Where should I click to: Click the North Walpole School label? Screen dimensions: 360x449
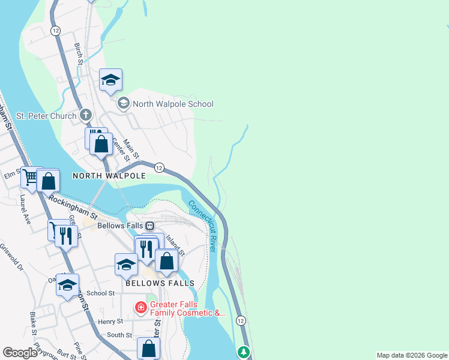173,104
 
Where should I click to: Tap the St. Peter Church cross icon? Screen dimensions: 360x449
86,115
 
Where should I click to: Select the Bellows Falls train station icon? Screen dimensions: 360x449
149,226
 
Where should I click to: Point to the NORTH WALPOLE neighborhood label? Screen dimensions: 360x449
109,176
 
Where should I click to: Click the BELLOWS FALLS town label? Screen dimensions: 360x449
160,283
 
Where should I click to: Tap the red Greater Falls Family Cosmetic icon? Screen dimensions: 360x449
140,308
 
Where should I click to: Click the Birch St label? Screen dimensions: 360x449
78,53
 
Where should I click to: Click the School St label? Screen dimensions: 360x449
100,293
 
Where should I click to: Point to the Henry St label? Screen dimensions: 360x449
110,322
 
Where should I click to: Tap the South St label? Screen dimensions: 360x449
119,335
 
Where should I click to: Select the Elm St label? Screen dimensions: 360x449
13,176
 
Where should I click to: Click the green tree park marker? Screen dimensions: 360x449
244,352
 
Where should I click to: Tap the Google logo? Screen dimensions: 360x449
20,353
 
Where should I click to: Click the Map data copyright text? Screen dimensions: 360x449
412,355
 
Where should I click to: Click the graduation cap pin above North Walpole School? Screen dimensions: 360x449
111,80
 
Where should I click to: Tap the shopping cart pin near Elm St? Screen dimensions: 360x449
31,177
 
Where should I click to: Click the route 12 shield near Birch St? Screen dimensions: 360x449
55,30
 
